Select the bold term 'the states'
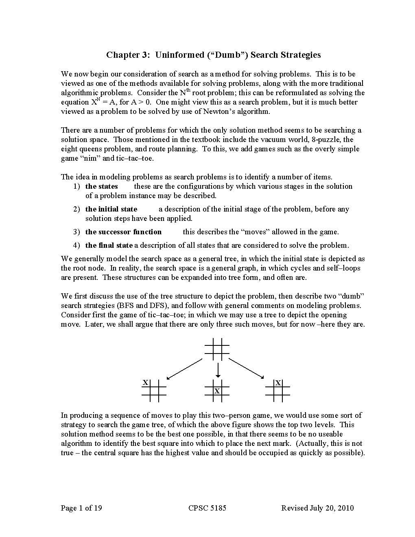[101, 186]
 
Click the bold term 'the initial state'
[111, 209]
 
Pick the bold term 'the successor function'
[123, 232]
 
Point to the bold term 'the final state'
[109, 245]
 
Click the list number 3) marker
[76, 232]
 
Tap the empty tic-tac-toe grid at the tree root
[217, 349]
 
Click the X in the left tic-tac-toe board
[145, 382]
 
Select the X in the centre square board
[217, 391]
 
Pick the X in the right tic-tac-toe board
[278, 383]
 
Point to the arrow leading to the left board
[184, 369]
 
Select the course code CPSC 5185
[207, 508]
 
